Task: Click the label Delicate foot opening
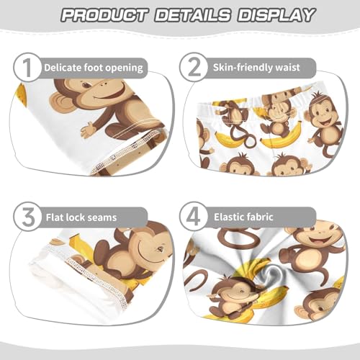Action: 93,68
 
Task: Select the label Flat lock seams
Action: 84,216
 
